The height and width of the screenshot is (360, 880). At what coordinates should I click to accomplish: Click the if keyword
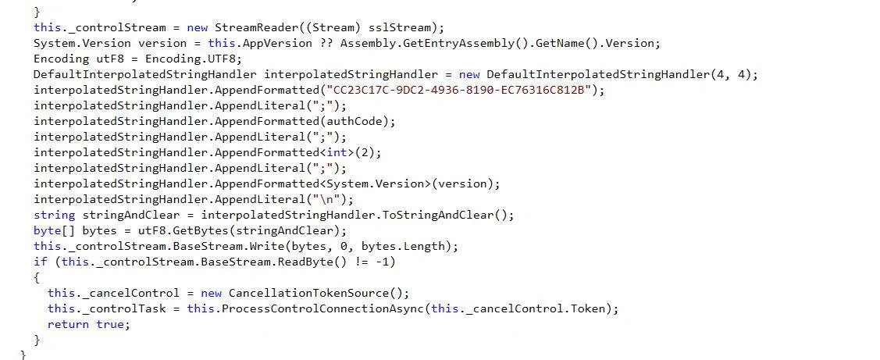tap(41, 262)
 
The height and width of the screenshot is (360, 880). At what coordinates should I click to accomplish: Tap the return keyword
tap(68, 325)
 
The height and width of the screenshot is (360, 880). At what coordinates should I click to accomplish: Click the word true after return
tap(109, 325)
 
